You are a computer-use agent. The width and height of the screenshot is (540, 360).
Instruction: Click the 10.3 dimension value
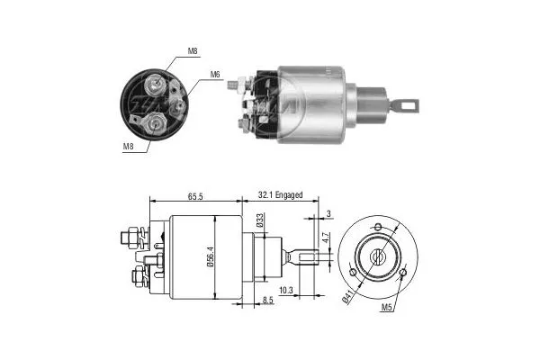(x=286, y=289)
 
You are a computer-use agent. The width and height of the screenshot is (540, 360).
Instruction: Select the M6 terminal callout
(x=215, y=74)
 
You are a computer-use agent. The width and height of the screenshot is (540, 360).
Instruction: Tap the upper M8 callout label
(x=192, y=51)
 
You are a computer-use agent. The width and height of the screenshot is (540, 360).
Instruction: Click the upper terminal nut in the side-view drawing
(x=129, y=238)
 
